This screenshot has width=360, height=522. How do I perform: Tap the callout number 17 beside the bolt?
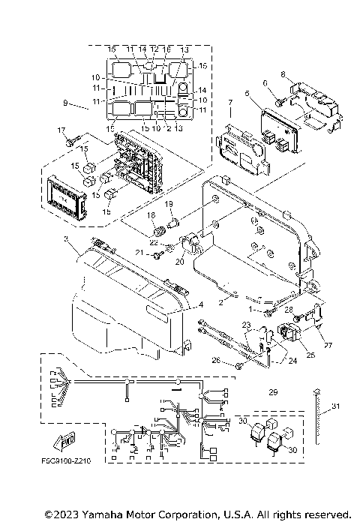pyautogui.click(x=62, y=130)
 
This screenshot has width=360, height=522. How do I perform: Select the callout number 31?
pyautogui.click(x=335, y=407)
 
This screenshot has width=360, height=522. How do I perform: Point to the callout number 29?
pyautogui.click(x=273, y=393)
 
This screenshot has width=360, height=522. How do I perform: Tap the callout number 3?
pyautogui.click(x=65, y=239)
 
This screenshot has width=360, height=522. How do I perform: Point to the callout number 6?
pyautogui.click(x=264, y=82)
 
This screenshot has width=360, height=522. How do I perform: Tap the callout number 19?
pyautogui.click(x=169, y=205)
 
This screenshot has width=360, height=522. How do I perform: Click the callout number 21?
pyautogui.click(x=139, y=254)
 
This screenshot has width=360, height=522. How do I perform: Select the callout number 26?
pyautogui.click(x=217, y=361)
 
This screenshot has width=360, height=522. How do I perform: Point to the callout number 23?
pyautogui.click(x=244, y=324)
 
